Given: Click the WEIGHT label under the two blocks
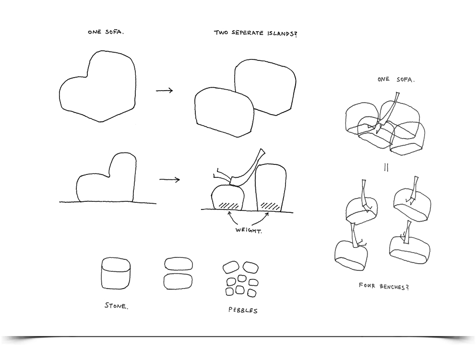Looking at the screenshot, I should coord(249,231).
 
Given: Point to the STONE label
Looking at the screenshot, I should coord(116,305).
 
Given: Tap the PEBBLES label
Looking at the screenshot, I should coord(243,310).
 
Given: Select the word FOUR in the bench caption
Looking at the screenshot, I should coord(367,286).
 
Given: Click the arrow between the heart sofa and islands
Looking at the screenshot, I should coord(164,91).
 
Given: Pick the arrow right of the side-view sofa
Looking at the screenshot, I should coord(169,180).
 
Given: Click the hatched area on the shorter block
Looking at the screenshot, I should coord(229,205).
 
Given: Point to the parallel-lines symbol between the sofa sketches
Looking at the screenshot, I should coord(385,168).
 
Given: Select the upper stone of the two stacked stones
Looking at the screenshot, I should coord(178,264).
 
